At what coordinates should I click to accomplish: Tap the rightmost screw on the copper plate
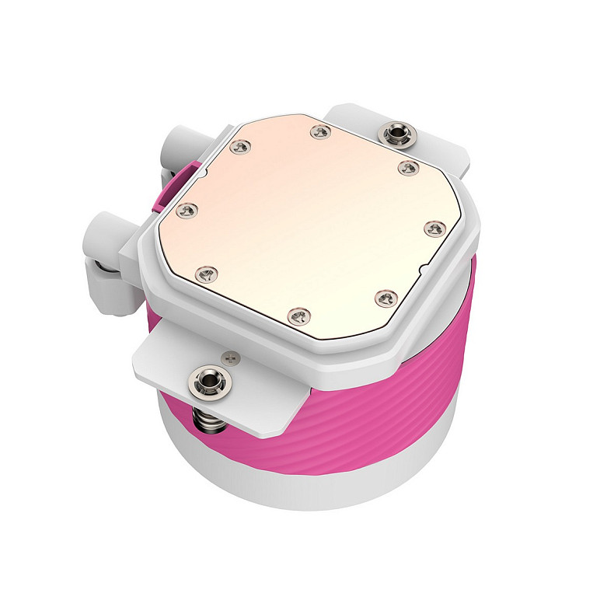435,228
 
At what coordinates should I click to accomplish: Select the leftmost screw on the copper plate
185,210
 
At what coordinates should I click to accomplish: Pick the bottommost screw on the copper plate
298,314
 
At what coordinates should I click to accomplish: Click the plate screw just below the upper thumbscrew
405,166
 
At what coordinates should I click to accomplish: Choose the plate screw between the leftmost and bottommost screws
205,273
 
